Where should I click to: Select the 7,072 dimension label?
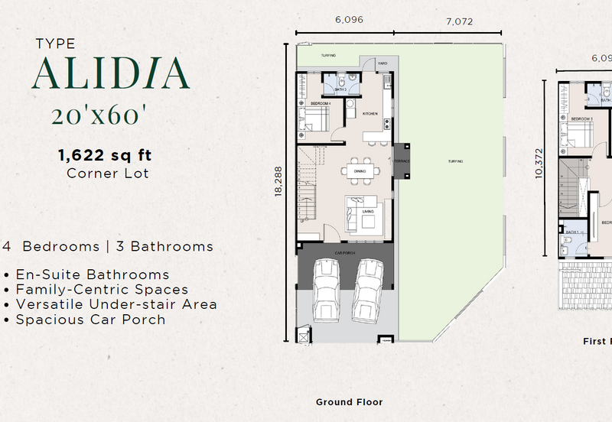[x=458, y=22]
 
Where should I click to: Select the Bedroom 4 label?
[x=320, y=102]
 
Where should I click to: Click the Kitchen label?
[x=370, y=114]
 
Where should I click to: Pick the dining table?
[x=358, y=171]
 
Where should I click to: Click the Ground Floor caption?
[x=349, y=401]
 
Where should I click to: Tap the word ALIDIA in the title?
[x=110, y=73]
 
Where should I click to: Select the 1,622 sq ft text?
[x=105, y=155]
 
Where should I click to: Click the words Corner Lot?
[x=108, y=174]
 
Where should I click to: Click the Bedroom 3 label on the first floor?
[x=582, y=119]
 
